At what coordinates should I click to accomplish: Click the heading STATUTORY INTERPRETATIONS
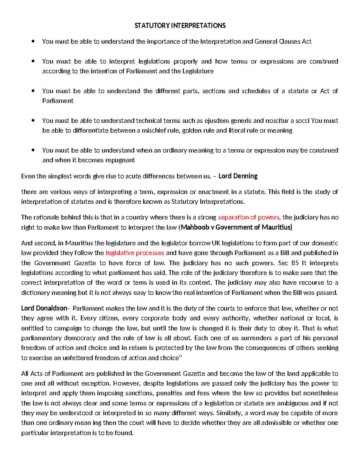(x=180, y=26)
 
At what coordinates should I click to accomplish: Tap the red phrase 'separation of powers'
(x=249, y=217)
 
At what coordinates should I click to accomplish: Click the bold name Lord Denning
(x=238, y=176)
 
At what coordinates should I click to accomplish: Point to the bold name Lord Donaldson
(x=44, y=308)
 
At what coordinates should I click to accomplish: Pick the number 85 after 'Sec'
(x=295, y=263)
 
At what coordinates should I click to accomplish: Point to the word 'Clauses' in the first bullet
(x=289, y=41)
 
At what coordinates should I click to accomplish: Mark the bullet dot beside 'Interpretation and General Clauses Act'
(x=33, y=41)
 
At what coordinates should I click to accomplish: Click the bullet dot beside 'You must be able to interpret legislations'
(x=33, y=61)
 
